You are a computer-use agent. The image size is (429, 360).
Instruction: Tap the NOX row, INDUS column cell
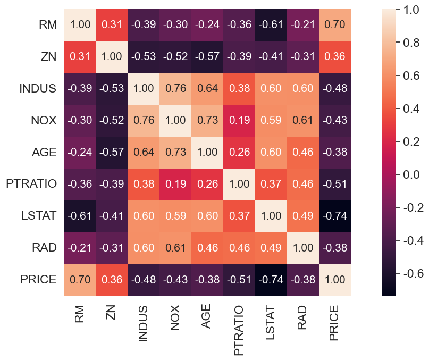pyautogui.click(x=144, y=120)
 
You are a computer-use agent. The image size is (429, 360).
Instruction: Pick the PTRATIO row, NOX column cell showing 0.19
pyautogui.click(x=175, y=184)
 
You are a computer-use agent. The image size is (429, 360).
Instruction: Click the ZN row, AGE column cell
pyautogui.click(x=207, y=57)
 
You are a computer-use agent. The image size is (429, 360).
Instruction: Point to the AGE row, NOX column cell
pyautogui.click(x=175, y=152)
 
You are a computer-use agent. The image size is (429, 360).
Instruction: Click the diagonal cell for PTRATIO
pyautogui.click(x=239, y=184)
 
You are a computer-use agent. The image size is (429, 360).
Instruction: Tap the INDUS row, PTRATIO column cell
pyautogui.click(x=239, y=89)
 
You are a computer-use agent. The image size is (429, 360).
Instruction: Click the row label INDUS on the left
pyautogui.click(x=37, y=89)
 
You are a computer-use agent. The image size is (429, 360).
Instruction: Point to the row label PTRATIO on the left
pyautogui.click(x=31, y=184)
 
